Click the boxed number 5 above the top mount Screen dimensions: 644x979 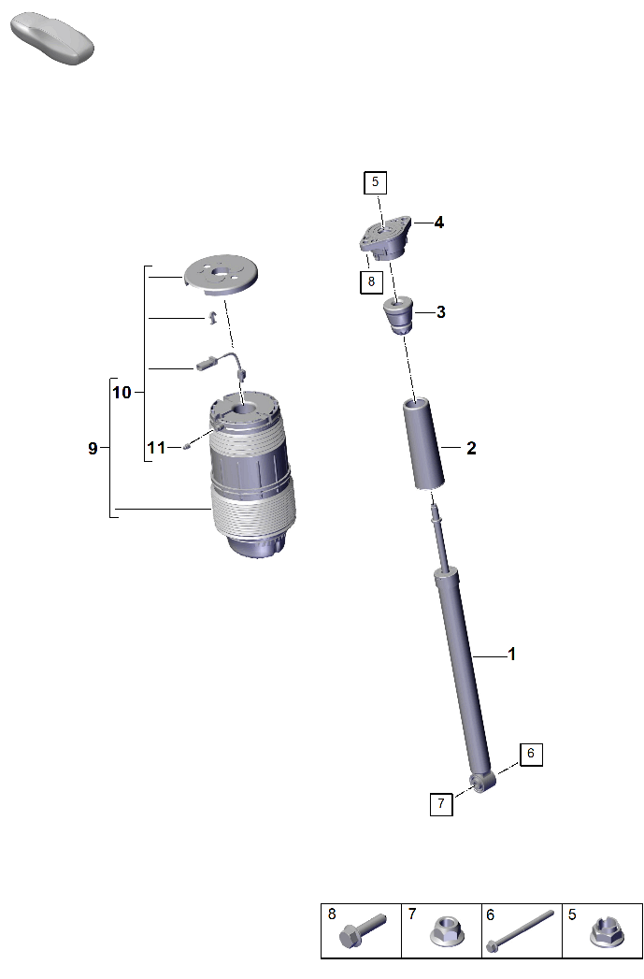(x=375, y=181)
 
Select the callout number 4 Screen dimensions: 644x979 (x=438, y=223)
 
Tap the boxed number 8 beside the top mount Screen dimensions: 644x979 (x=371, y=281)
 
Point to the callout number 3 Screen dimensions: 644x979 (x=440, y=312)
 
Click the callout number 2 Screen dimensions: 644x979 (x=471, y=448)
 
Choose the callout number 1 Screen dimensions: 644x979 (x=511, y=655)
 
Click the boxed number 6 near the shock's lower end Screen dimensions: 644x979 (x=531, y=754)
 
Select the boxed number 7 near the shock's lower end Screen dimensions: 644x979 (x=441, y=803)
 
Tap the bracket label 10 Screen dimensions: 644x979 (x=122, y=392)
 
